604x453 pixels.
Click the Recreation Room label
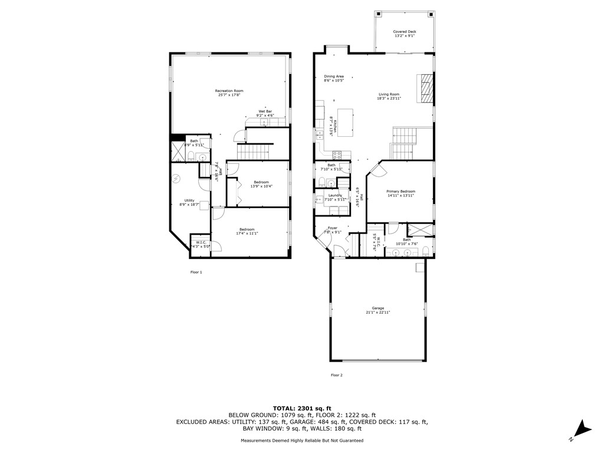tap(229, 91)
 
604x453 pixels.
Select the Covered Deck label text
tap(404, 31)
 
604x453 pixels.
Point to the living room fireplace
tap(426, 88)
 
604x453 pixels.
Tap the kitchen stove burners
tap(338, 156)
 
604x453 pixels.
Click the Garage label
tap(377, 308)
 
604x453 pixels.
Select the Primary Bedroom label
tap(401, 192)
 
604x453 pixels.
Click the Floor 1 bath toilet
tap(192, 156)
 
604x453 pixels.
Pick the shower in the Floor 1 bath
tap(177, 152)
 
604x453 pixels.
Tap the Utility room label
tap(189, 201)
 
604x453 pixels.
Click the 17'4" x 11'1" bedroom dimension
tap(247, 234)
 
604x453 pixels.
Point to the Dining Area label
tap(334, 76)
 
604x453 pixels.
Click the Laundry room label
tap(336, 195)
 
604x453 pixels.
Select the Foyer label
tap(333, 228)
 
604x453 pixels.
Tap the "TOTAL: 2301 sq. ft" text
tap(302, 408)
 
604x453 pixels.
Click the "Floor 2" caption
tap(336, 375)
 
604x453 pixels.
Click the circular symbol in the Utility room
tap(175, 179)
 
